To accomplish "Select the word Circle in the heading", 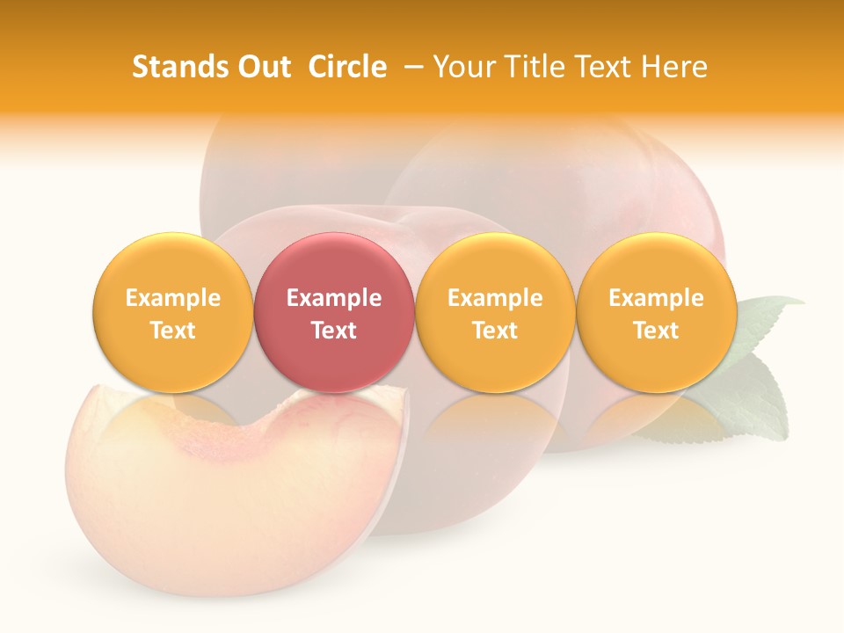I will pos(347,67).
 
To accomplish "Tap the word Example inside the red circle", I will pos(333,298).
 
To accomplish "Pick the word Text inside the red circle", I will pos(333,331).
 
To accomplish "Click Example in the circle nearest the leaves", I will pos(656,298).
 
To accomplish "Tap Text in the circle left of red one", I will pos(172,331).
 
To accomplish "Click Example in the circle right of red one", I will pos(495,298).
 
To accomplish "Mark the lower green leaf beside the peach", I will pos(747,404).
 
